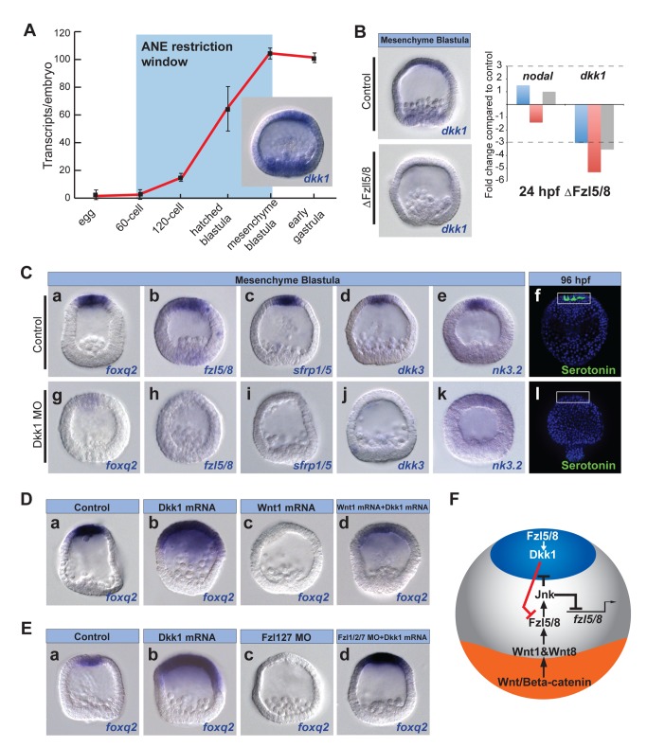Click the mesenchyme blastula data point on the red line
point(270,53)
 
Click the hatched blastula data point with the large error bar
point(228,109)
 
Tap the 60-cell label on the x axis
point(130,218)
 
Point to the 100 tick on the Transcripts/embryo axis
point(63,60)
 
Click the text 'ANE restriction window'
point(187,54)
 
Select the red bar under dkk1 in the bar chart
point(594,138)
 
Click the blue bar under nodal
point(523,95)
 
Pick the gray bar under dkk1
point(607,127)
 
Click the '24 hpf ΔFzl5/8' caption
point(565,191)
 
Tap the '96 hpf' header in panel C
point(576,279)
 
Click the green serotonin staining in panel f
point(573,298)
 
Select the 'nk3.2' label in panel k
point(507,465)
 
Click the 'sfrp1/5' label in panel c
point(313,369)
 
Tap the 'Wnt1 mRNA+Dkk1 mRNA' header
point(383,507)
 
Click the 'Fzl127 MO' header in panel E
point(286,636)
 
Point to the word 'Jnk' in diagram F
point(545,594)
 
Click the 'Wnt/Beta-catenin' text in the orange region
point(544,682)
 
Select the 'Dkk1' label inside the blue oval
point(543,555)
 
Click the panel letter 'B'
point(360,31)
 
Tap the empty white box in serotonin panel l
point(572,397)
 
